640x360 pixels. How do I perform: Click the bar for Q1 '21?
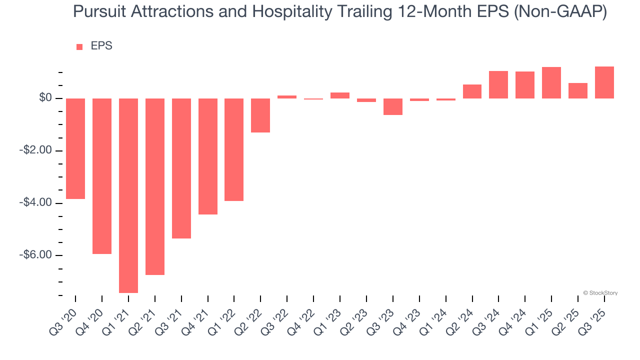tap(128, 195)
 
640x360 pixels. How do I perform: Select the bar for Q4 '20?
tap(102, 176)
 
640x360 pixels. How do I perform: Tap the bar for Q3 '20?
tap(75, 148)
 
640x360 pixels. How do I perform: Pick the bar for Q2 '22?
tap(260, 115)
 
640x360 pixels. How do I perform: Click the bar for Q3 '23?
tap(393, 106)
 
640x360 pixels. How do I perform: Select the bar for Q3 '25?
tap(604, 82)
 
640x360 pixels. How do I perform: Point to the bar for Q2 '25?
tap(578, 90)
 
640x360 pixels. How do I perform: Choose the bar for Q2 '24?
tap(472, 91)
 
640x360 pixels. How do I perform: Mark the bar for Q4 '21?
tap(208, 156)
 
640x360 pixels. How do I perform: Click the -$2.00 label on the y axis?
tap(36, 150)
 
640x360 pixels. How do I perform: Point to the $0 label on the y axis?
tap(45, 98)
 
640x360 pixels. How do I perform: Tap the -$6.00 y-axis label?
tap(36, 255)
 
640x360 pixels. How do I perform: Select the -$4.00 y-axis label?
tap(36, 202)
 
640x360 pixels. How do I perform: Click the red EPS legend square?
tap(79, 46)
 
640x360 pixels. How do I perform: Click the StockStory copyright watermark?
tap(600, 293)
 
